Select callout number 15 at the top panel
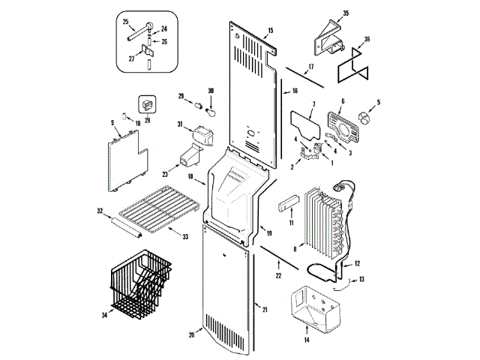click(x=270, y=31)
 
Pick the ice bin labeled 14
click(x=311, y=307)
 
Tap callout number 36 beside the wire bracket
click(x=367, y=40)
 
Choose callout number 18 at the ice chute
click(x=191, y=177)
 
